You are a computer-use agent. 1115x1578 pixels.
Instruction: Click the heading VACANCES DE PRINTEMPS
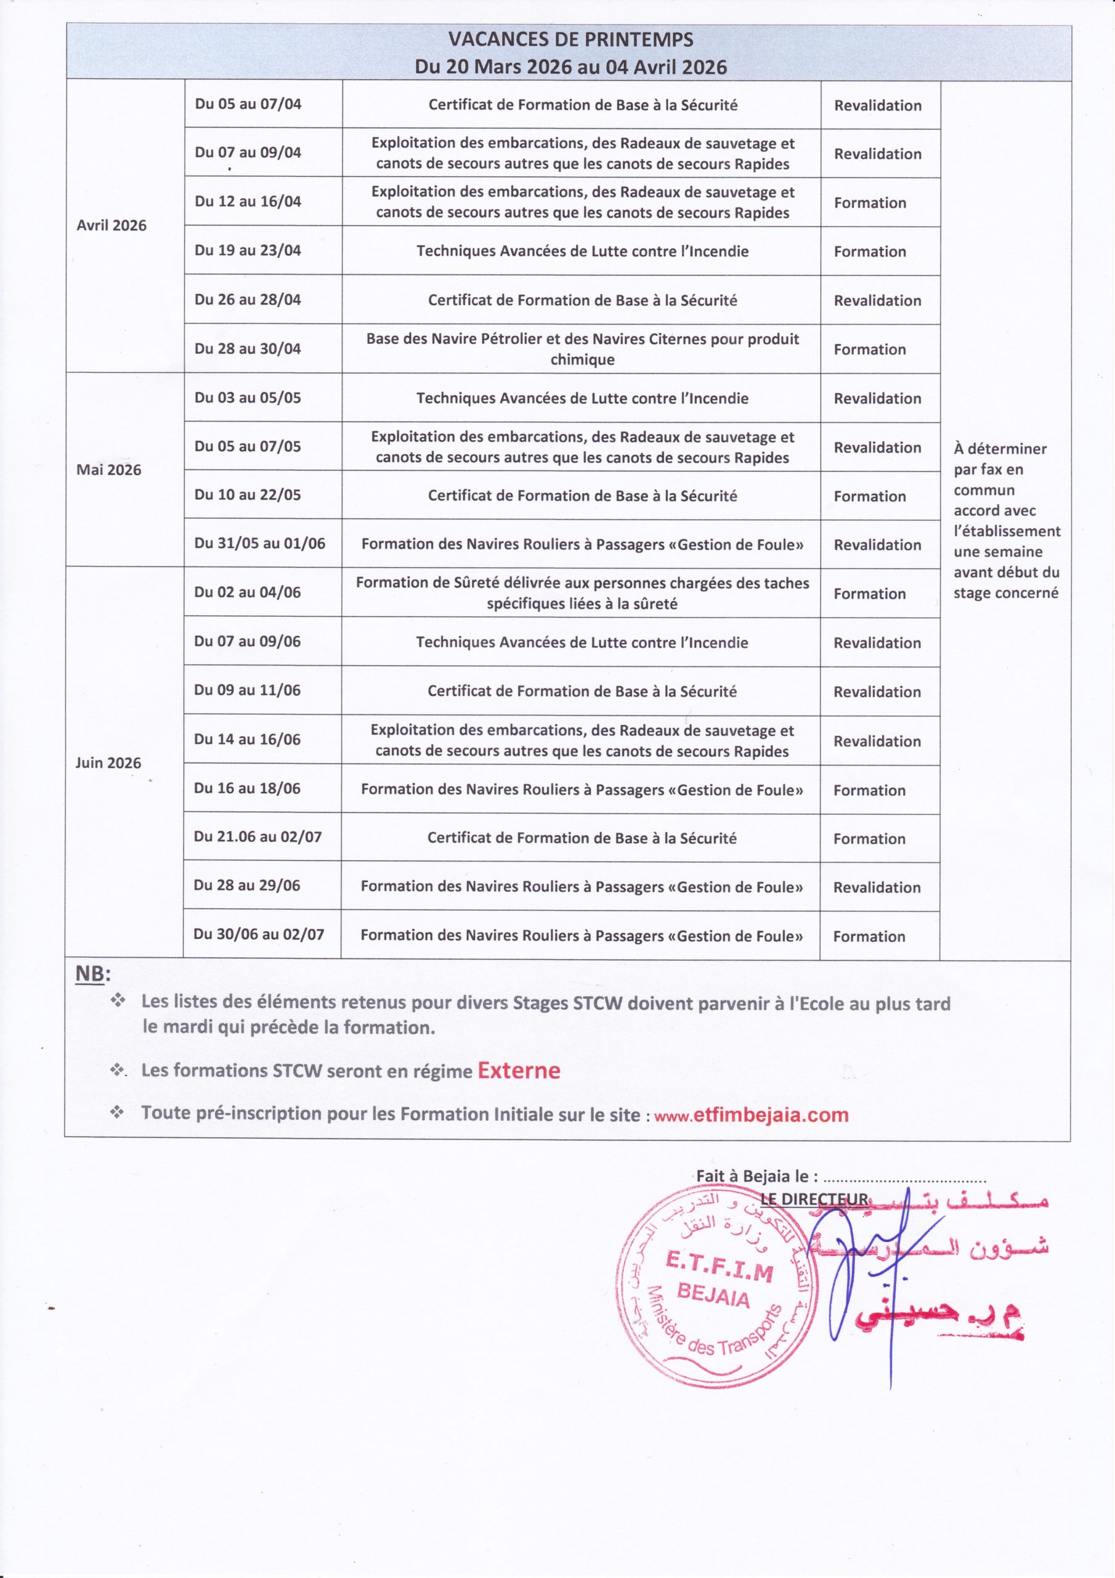point(570,40)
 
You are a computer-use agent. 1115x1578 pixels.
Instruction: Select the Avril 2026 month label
point(111,226)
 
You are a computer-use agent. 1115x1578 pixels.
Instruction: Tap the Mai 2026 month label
point(108,470)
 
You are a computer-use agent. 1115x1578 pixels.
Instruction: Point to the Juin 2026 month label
point(108,763)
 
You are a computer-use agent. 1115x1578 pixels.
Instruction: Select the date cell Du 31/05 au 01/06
point(259,543)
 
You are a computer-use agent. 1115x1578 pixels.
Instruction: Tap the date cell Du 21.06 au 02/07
point(257,837)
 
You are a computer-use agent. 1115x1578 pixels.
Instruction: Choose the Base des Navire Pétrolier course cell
point(582,348)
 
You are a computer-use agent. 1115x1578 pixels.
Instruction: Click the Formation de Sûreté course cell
point(582,593)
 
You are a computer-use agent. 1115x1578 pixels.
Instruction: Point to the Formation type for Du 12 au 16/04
point(870,203)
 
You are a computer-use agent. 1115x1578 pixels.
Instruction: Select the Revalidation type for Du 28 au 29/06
point(877,887)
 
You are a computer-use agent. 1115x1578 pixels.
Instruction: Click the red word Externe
point(519,1071)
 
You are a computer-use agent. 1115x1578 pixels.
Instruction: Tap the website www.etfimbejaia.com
point(752,1115)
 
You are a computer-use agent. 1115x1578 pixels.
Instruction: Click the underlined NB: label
point(92,974)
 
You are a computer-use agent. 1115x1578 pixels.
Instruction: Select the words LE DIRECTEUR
point(814,1200)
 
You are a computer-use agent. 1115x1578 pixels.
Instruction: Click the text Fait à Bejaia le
point(756,1176)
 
